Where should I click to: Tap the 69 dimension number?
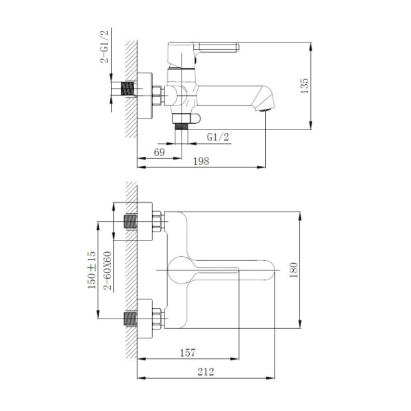point(159,152)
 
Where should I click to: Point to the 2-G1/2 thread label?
point(105,47)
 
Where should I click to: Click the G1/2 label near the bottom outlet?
point(218,137)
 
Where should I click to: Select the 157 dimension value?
point(188,353)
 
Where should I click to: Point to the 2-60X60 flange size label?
point(108,271)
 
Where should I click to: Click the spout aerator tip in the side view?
point(266,106)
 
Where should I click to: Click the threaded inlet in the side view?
point(126,90)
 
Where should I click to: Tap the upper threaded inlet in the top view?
point(129,221)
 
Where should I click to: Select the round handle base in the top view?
point(180,270)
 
